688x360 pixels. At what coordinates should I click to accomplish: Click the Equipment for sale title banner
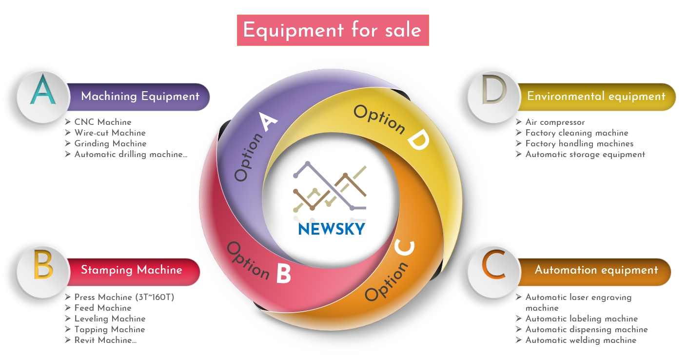coord(333,30)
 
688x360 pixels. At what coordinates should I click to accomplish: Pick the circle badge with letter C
coord(492,270)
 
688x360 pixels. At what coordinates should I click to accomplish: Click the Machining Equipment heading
coord(140,96)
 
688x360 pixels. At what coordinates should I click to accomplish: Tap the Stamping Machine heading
coord(131,270)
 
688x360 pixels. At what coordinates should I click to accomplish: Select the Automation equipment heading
coord(596,270)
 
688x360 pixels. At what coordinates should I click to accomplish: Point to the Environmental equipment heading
coord(596,96)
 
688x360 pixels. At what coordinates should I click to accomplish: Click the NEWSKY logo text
coord(332,229)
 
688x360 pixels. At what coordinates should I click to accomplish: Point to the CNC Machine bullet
coord(102,122)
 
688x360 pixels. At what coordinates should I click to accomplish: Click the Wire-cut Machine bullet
coord(110,133)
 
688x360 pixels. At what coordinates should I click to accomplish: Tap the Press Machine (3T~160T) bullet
coord(124,297)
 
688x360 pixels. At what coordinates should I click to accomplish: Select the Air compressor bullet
coord(555,122)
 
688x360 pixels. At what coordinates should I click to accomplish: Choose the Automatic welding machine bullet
coord(580,340)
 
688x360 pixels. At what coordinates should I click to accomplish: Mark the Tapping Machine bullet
coord(110,329)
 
